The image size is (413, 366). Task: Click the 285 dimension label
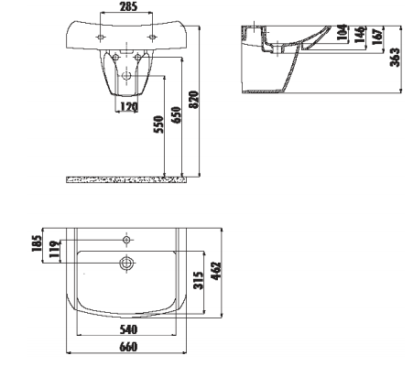(x=128, y=6)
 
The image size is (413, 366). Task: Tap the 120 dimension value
(x=129, y=107)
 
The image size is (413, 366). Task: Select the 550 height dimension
(x=158, y=124)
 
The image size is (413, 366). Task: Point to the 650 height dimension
(x=176, y=115)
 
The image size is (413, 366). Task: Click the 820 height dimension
(x=194, y=100)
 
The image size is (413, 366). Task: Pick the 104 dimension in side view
(x=342, y=32)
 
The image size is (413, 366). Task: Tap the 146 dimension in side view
(x=360, y=34)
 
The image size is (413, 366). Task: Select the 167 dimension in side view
(x=377, y=37)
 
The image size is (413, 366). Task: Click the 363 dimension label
(x=395, y=57)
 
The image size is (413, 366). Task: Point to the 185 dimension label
(x=37, y=243)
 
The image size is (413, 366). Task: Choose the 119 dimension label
(x=55, y=249)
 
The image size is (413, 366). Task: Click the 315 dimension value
(x=199, y=281)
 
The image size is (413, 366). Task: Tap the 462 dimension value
(x=216, y=271)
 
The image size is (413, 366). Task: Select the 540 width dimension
(x=128, y=329)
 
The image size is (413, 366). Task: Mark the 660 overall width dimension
(x=128, y=347)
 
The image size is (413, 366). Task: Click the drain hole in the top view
(x=126, y=263)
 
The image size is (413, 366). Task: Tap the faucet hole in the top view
(x=126, y=240)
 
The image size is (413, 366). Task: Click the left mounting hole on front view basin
(x=101, y=38)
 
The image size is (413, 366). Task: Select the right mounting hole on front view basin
(x=152, y=38)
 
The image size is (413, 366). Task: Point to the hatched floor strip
(x=126, y=180)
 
